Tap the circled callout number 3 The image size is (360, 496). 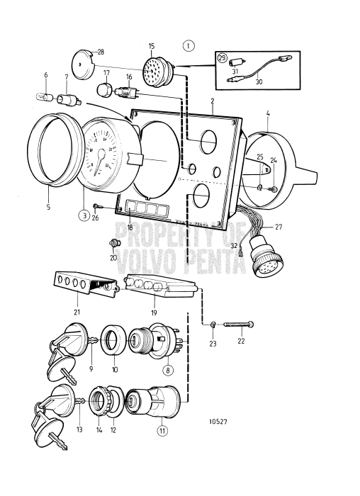point(83,215)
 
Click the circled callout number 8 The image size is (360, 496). point(167,369)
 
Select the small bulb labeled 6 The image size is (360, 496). point(43,98)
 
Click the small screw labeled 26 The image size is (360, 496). point(96,205)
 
